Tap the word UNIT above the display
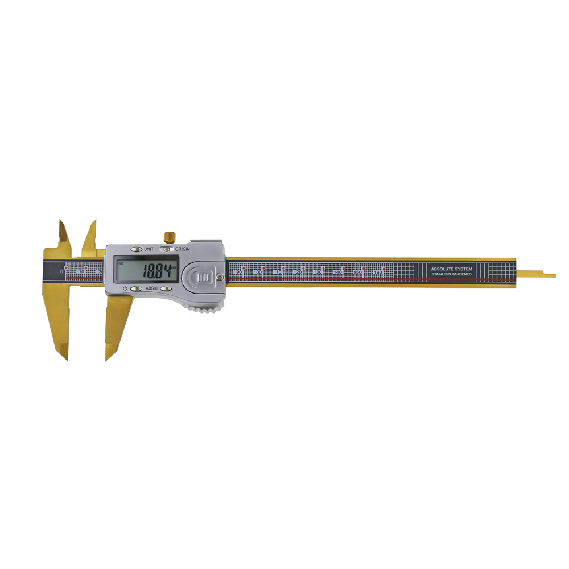click(x=149, y=249)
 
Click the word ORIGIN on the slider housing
click(x=183, y=249)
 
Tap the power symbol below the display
click(x=124, y=289)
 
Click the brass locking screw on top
click(x=169, y=236)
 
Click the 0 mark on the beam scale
click(x=62, y=272)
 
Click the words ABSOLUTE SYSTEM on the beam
click(x=451, y=269)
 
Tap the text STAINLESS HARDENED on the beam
click(x=451, y=275)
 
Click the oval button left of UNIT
click(x=136, y=249)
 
